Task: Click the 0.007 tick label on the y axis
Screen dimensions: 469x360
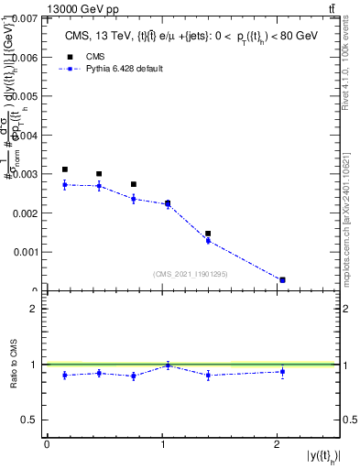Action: click(x=26, y=18)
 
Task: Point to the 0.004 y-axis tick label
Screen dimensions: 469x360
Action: click(x=26, y=135)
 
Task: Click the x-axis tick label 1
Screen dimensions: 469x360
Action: click(x=162, y=444)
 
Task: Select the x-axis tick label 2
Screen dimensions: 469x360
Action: click(x=278, y=444)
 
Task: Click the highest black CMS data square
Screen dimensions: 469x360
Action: click(x=64, y=169)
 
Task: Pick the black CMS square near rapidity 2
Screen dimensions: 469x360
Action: click(x=282, y=279)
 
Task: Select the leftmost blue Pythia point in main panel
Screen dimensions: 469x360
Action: click(x=64, y=185)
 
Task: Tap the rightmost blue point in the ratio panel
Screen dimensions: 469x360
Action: click(x=282, y=371)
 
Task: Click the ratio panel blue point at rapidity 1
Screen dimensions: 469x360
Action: click(x=168, y=365)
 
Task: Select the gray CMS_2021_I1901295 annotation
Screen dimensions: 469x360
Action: click(x=191, y=274)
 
